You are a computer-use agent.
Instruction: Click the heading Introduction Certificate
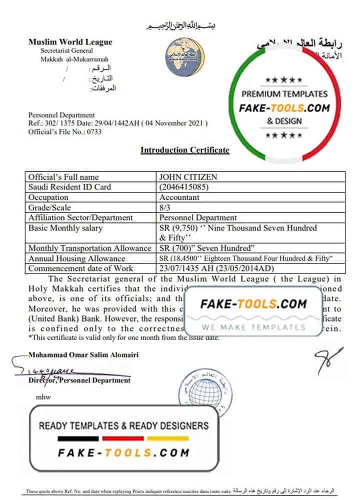184,150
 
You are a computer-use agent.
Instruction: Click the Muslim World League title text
70,42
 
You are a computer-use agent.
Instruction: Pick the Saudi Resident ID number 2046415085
183,187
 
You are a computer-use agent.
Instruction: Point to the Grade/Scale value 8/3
165,207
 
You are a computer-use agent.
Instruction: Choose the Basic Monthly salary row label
65,228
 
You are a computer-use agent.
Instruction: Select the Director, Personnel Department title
79,380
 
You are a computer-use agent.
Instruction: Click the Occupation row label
48,197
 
